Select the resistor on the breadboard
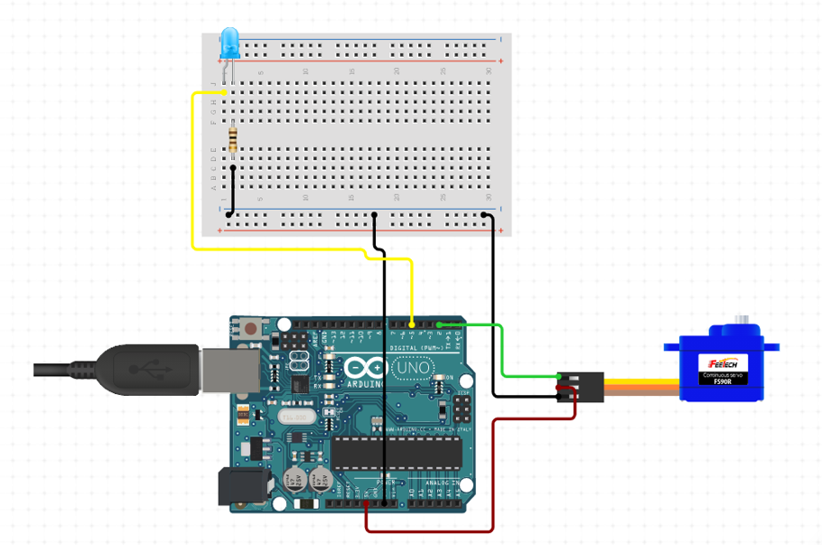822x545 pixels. tap(234, 139)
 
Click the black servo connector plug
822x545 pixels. tap(587, 386)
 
